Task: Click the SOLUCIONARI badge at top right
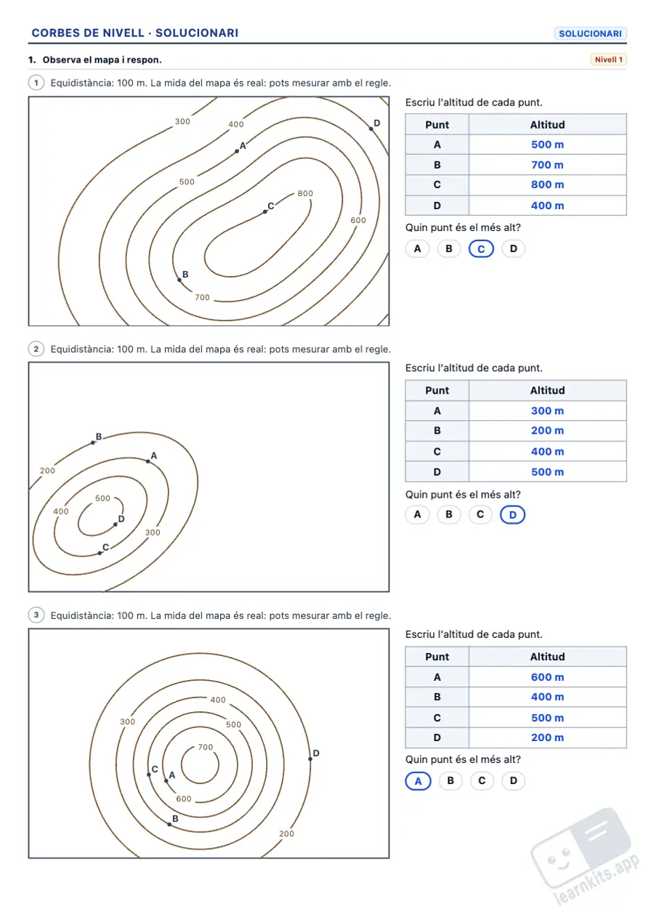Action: click(590, 33)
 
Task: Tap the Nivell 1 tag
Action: click(608, 60)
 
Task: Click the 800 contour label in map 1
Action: click(305, 193)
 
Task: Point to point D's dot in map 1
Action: click(371, 129)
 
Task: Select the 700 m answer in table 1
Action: click(547, 165)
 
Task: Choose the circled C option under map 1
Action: click(481, 249)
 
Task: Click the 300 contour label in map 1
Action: click(182, 121)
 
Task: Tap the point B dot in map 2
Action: click(93, 442)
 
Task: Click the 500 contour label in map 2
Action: click(102, 498)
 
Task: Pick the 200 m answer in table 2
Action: click(547, 431)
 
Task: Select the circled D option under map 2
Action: click(512, 514)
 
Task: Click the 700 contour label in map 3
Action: click(206, 747)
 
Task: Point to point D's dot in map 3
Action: click(310, 759)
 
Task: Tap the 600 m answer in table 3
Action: click(547, 677)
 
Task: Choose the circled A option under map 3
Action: click(418, 781)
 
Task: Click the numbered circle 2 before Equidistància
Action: click(36, 349)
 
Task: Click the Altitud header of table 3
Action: click(547, 657)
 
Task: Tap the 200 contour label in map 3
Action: click(286, 833)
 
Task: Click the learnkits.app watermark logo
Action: click(585, 856)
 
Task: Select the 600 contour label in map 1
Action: click(358, 220)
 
